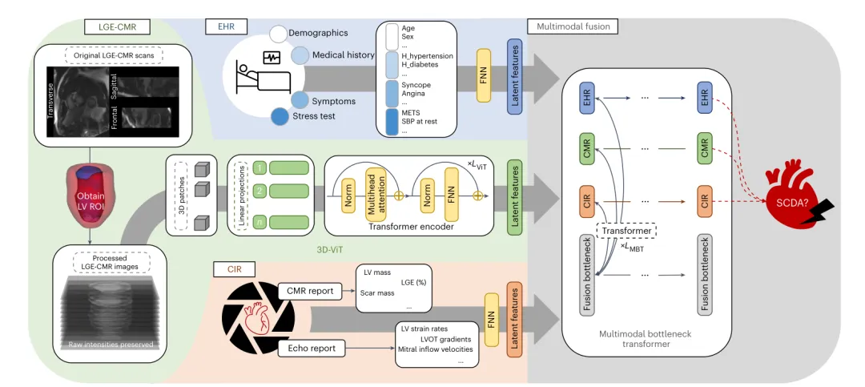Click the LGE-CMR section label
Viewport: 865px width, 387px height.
(113, 26)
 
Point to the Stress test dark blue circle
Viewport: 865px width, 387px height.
(280, 117)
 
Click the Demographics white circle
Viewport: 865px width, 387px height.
(279, 34)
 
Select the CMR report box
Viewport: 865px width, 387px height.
(310, 291)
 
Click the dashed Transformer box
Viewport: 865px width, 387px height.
(626, 230)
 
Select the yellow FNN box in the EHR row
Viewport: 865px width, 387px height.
(484, 75)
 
